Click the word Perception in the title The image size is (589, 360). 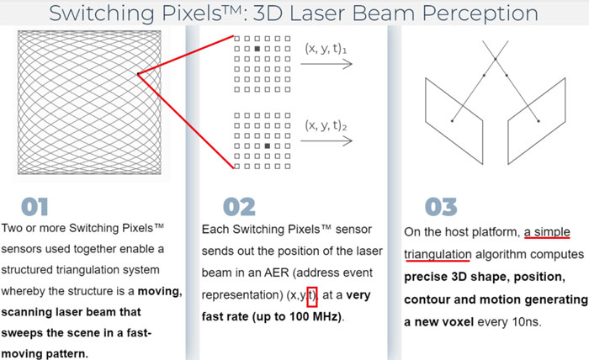(480, 13)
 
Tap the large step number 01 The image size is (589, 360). (34, 207)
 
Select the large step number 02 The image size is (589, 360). (239, 207)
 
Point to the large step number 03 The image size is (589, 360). (441, 207)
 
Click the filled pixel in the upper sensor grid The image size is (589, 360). (257, 49)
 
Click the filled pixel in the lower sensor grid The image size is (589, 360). (268, 146)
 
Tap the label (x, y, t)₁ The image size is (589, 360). (326, 49)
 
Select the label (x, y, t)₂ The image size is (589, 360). (326, 125)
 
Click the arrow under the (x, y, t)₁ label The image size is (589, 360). (326, 64)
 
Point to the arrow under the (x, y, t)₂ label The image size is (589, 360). (326, 140)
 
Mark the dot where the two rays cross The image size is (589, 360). (496, 59)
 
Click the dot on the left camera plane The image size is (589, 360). (452, 121)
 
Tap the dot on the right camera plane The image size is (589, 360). (539, 121)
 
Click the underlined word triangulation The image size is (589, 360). (438, 255)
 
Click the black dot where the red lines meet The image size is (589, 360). (138, 74)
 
